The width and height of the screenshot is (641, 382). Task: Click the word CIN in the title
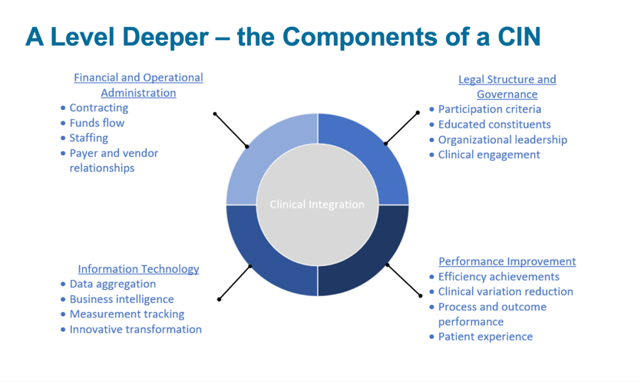(x=514, y=36)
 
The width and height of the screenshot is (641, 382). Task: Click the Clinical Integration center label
(x=317, y=204)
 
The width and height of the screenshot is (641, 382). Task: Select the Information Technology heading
(x=138, y=269)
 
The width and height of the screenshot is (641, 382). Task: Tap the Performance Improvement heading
(x=507, y=261)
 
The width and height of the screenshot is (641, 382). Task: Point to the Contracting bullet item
(x=99, y=108)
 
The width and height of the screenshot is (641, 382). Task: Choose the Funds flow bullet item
(x=97, y=123)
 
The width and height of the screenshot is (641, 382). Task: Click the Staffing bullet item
(x=89, y=138)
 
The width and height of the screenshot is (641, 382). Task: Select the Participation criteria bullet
(x=489, y=109)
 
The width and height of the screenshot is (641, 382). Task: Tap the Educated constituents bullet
(x=494, y=125)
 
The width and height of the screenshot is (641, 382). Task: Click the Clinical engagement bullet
(x=489, y=154)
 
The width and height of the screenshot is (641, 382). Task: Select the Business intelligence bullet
(x=121, y=299)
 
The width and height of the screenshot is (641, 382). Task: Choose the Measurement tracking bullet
(x=127, y=314)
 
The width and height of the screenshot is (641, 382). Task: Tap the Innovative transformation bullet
(x=135, y=329)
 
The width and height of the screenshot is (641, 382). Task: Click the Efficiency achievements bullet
(x=498, y=277)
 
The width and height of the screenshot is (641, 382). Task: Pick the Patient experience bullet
(x=485, y=337)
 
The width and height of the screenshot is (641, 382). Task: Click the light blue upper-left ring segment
(x=265, y=154)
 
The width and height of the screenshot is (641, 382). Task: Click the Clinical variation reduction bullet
(x=505, y=291)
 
